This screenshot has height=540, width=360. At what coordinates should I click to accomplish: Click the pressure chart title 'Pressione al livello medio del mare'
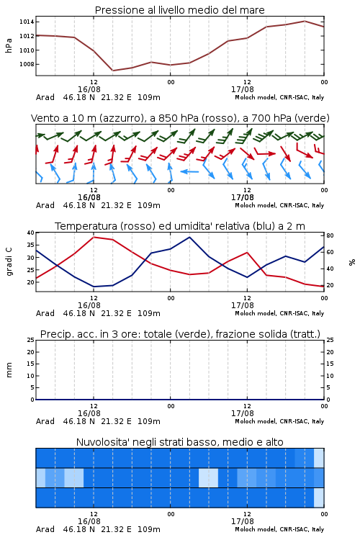pyautogui.click(x=179, y=10)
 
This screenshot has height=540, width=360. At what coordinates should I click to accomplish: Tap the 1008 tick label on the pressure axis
pyautogui.click(x=27, y=64)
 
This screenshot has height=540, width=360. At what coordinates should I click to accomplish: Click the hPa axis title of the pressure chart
pyautogui.click(x=9, y=45)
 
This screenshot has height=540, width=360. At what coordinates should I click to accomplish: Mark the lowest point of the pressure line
pyautogui.click(x=112, y=71)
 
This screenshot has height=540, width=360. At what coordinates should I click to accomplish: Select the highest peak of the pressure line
pyautogui.click(x=305, y=21)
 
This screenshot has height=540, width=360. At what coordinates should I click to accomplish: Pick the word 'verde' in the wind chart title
pyautogui.click(x=313, y=118)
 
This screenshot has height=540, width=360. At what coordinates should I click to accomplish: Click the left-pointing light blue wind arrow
pyautogui.click(x=189, y=171)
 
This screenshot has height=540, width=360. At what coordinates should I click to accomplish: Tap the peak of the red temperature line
pyautogui.click(x=94, y=237)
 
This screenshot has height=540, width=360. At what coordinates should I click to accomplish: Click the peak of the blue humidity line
pyautogui.click(x=189, y=237)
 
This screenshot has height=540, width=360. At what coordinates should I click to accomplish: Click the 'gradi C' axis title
pyautogui.click(x=9, y=261)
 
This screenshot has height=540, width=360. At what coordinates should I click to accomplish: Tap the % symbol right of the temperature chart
pyautogui.click(x=352, y=262)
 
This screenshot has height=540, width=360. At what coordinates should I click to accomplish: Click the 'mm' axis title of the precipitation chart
pyautogui.click(x=9, y=370)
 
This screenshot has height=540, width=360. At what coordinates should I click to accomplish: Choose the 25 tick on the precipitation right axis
pyautogui.click(x=330, y=340)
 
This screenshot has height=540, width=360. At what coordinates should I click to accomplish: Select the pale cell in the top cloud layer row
pyautogui.click(x=319, y=458)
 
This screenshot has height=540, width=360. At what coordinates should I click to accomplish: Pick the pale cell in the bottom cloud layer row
pyautogui.click(x=319, y=498)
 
